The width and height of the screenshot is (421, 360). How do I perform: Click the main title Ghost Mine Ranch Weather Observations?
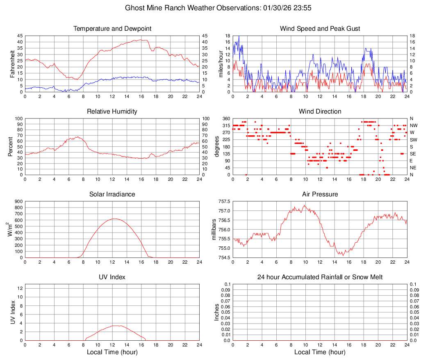pyautogui.click(x=210, y=8)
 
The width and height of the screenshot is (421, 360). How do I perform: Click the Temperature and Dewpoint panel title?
pyautogui.click(x=112, y=29)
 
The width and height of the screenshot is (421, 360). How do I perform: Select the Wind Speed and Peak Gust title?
pyautogui.click(x=320, y=29)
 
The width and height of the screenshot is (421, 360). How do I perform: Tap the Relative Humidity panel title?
pyautogui.click(x=112, y=112)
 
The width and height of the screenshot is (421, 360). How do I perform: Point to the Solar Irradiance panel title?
pyautogui.click(x=112, y=194)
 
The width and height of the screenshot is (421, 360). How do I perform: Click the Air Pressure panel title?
pyautogui.click(x=320, y=194)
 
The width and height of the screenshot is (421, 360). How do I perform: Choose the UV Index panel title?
pyautogui.click(x=112, y=277)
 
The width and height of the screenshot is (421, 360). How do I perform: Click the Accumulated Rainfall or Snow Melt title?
pyautogui.click(x=320, y=277)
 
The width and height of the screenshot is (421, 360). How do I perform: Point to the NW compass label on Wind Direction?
pyautogui.click(x=414, y=125)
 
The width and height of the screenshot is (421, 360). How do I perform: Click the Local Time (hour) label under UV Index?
pyautogui.click(x=112, y=352)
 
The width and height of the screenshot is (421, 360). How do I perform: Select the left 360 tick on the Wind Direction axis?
pyautogui.click(x=225, y=118)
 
